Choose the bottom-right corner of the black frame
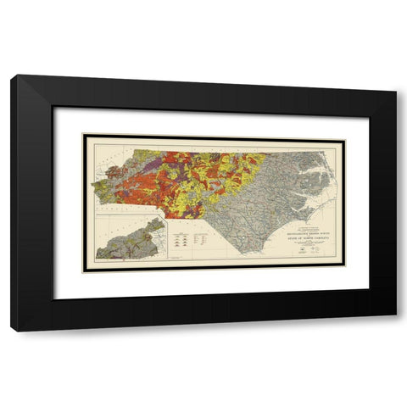coord(396,315)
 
